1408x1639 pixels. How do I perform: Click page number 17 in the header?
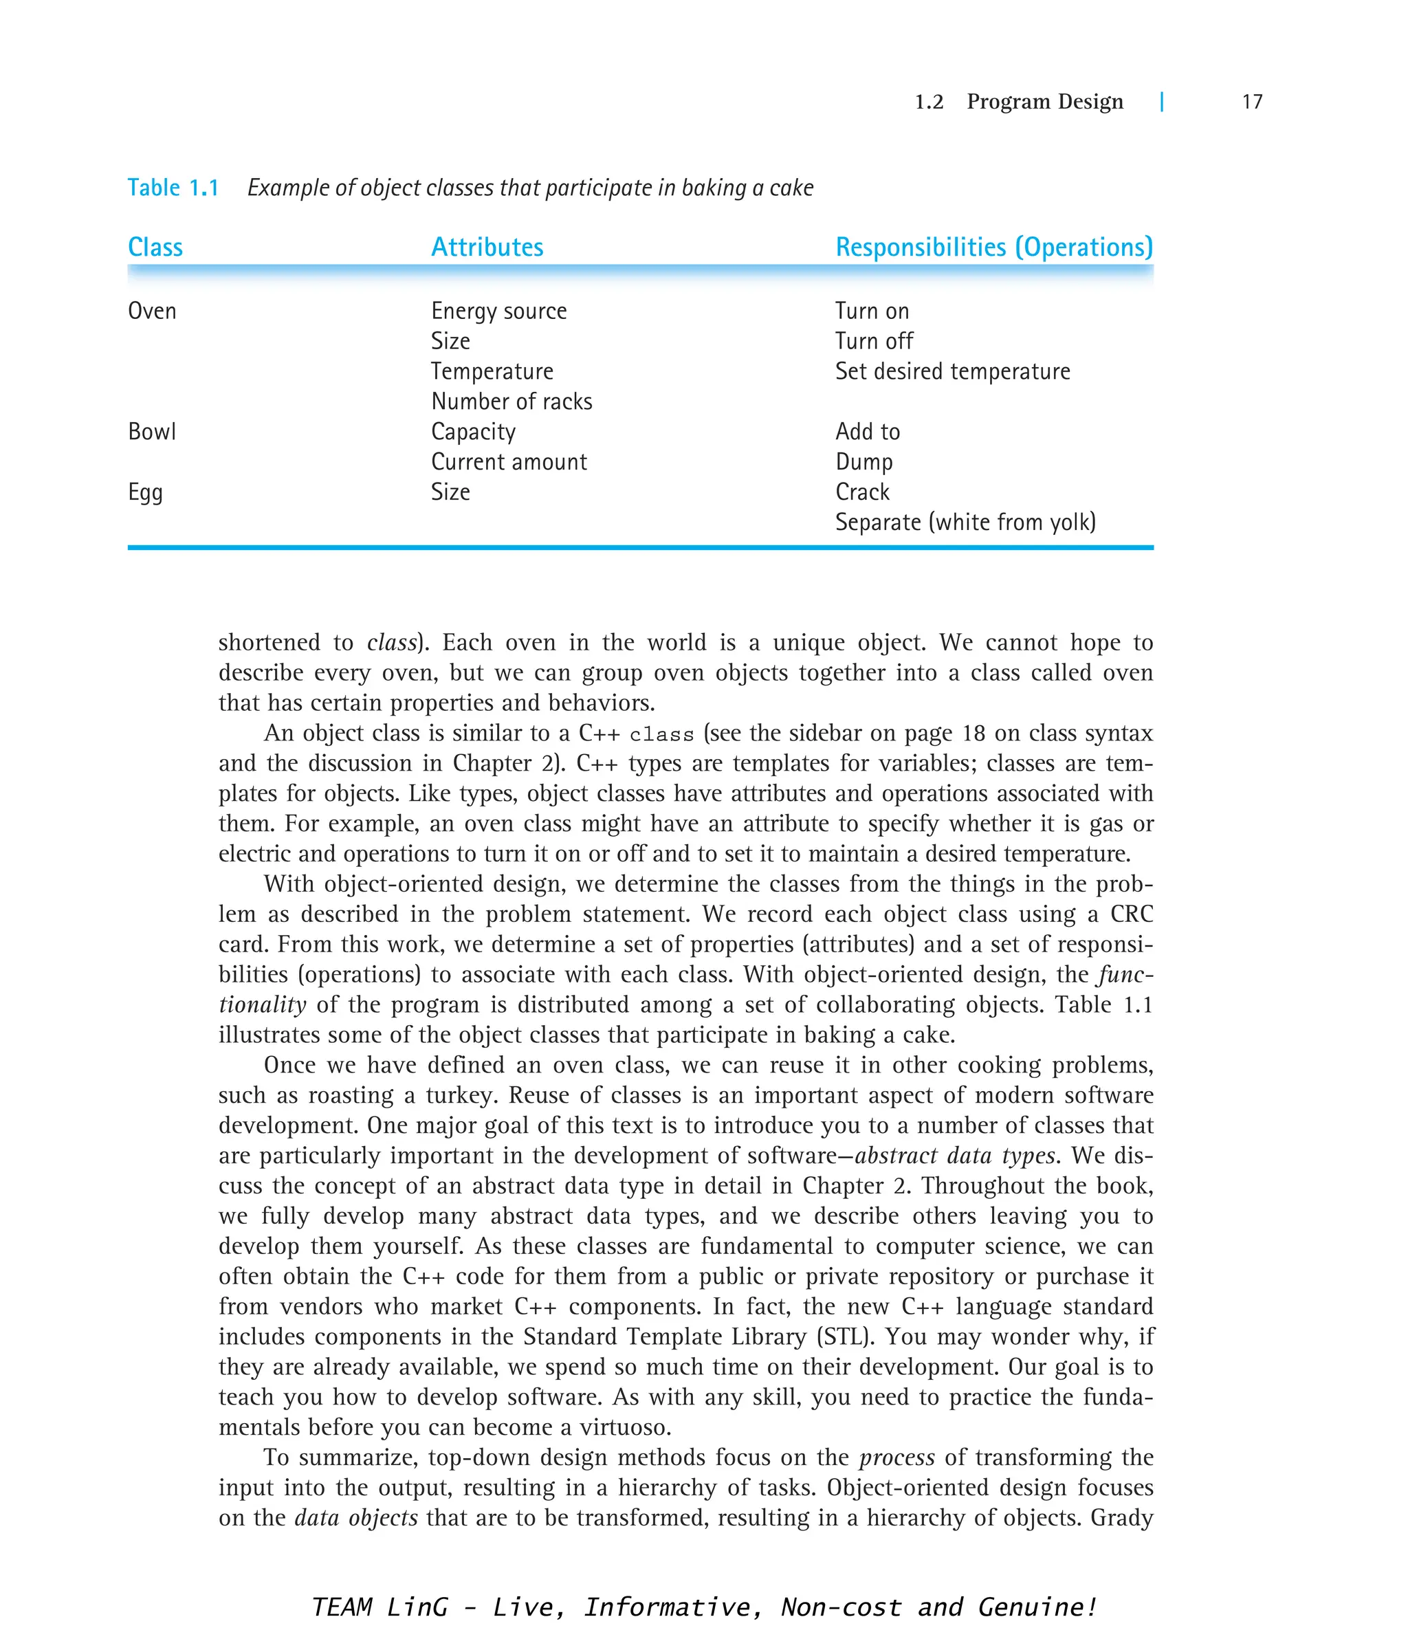[x=1251, y=101]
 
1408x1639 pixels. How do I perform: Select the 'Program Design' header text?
[x=1044, y=101]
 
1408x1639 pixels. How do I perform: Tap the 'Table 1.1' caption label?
[x=173, y=188]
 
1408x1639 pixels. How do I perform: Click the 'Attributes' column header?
[x=487, y=247]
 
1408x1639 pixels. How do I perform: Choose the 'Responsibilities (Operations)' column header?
[x=993, y=247]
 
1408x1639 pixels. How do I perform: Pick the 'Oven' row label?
[x=152, y=311]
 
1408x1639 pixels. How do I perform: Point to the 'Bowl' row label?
[x=152, y=432]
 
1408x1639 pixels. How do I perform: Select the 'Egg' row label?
[x=146, y=493]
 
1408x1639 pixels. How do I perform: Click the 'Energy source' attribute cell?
[x=498, y=311]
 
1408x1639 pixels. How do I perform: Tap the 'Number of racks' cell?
[x=511, y=401]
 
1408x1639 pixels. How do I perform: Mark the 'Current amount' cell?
[x=509, y=462]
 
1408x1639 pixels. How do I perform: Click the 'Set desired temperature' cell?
[x=952, y=372]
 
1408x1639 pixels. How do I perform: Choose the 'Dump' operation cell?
[x=863, y=462]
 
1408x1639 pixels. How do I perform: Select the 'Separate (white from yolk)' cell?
[x=965, y=522]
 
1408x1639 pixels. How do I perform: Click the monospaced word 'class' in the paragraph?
[x=662, y=735]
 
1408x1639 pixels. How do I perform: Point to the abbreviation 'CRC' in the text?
[x=1131, y=914]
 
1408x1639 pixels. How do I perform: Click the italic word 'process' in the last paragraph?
[x=896, y=1458]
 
